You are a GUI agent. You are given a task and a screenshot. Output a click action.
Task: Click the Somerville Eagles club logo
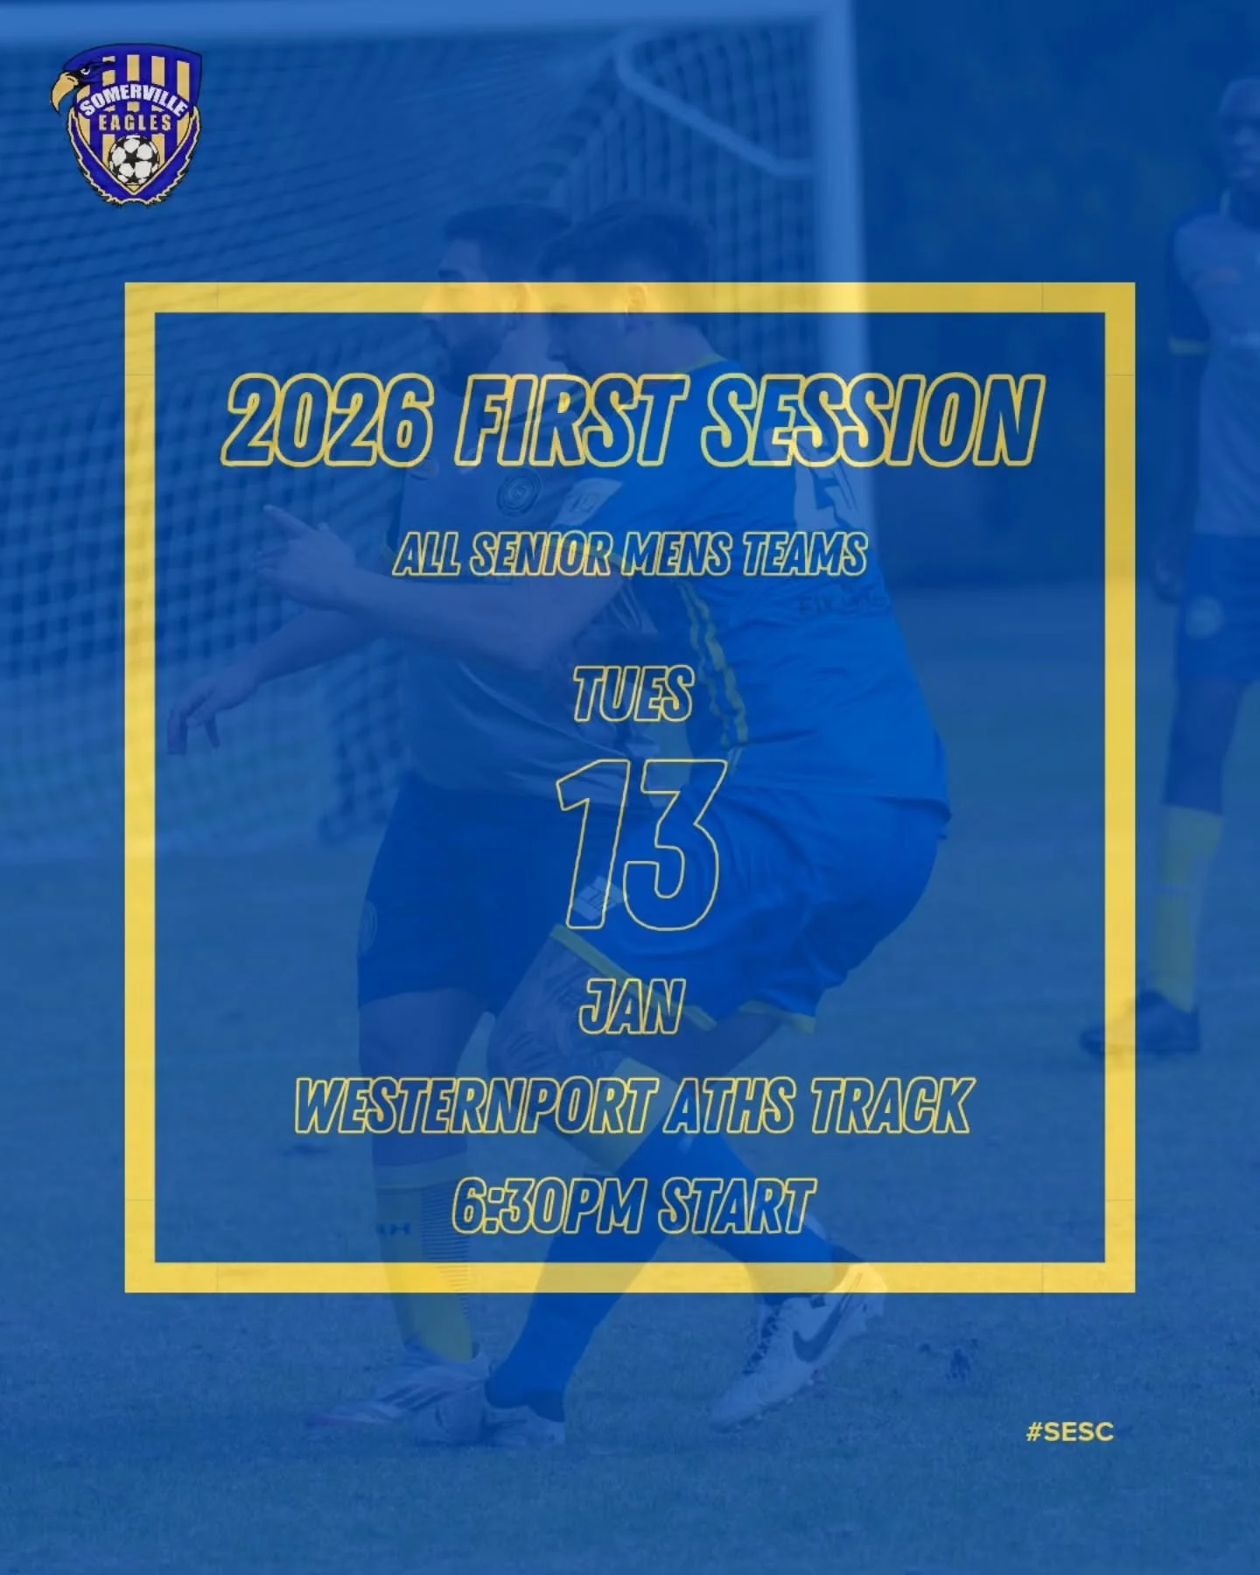(127, 127)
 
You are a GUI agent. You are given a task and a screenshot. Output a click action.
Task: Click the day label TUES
(633, 694)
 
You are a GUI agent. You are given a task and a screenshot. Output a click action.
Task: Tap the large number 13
(639, 844)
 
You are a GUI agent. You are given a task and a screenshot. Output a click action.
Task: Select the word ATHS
(731, 1106)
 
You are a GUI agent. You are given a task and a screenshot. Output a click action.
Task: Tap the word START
(737, 1206)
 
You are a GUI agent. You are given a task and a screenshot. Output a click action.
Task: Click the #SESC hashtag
(1070, 1432)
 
